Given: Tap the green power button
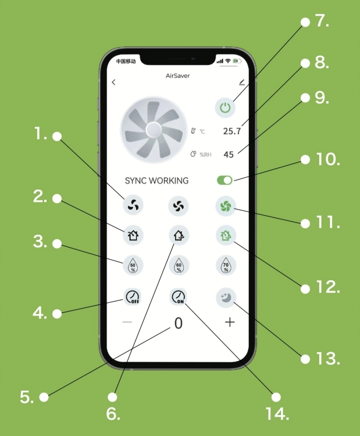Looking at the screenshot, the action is [225, 108].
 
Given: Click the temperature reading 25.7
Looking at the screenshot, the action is [231, 131].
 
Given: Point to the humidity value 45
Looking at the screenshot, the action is [229, 154].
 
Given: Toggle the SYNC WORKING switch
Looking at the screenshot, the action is [224, 180].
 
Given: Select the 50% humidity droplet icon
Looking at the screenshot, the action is [133, 265].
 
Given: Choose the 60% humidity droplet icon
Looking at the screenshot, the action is [179, 265].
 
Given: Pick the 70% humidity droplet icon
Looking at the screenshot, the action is [226, 265].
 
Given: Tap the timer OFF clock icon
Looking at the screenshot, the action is [133, 297].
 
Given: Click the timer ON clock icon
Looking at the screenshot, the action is [179, 297].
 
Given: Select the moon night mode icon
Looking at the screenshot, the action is [226, 298].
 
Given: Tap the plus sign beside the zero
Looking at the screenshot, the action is [230, 322].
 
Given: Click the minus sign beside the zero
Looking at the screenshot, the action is [127, 322].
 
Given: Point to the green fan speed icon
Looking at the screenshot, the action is [226, 206].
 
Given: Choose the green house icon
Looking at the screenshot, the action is [226, 235].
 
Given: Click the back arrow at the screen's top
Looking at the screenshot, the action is [113, 82].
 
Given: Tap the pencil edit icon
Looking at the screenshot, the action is [242, 83].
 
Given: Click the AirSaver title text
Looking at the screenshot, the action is [177, 76].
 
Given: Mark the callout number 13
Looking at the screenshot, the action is [328, 359].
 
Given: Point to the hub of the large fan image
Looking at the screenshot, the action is [154, 130].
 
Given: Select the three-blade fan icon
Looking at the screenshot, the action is [133, 205].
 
